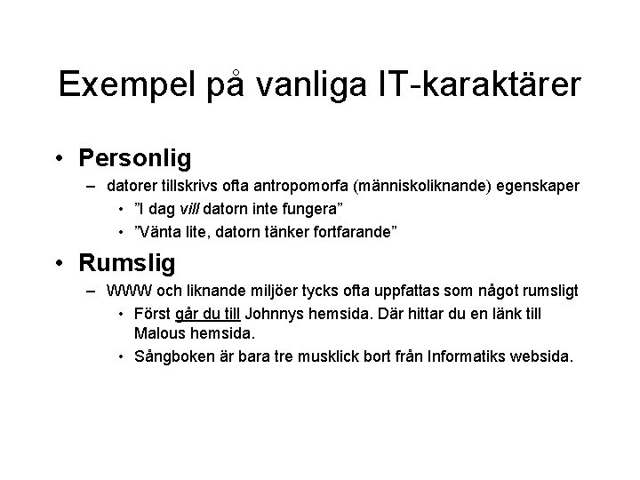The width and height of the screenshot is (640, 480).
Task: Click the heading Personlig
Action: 134,158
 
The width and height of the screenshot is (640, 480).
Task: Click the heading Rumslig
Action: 127,263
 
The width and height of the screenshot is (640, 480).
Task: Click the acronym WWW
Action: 125,292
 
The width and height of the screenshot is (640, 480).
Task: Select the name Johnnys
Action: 274,315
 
